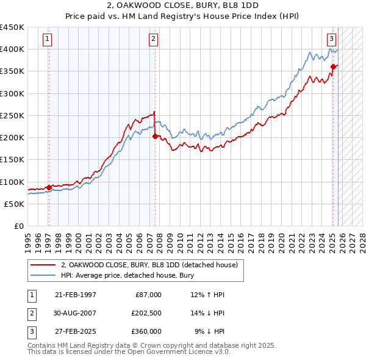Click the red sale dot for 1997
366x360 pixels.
click(49, 187)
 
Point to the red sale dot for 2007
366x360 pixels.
click(155, 137)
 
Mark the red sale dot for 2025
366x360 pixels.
click(334, 67)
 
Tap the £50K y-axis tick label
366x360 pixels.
click(14, 204)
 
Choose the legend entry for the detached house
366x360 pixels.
click(152, 265)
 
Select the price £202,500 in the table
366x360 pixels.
click(146, 313)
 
